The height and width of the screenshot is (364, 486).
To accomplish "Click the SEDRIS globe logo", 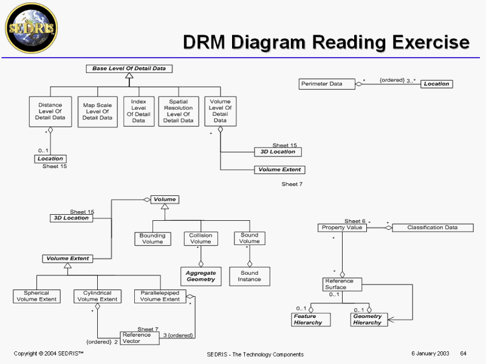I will click(30, 27).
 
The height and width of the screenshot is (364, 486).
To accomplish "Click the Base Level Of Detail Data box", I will click(129, 69).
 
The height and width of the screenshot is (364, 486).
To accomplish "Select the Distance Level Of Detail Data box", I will click(50, 111).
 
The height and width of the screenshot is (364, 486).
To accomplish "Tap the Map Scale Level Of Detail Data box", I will click(98, 111).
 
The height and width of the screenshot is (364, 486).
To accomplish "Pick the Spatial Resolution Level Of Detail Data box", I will click(178, 111).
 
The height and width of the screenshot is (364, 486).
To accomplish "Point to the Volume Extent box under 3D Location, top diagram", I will click(279, 170).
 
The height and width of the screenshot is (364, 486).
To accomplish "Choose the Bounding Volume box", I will click(152, 238).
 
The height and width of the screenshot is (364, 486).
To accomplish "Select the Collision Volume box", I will click(200, 238).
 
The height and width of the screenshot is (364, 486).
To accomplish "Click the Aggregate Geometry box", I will click(200, 277).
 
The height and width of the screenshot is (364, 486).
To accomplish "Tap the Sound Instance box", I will click(250, 277).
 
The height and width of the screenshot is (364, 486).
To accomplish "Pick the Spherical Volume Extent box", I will click(36, 296).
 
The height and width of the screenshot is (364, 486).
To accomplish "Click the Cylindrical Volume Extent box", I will click(97, 296).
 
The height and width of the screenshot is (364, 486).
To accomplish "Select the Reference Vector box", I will click(140, 338).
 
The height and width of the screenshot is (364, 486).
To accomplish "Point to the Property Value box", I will click(342, 227).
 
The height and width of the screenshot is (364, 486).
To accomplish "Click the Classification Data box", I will click(432, 227).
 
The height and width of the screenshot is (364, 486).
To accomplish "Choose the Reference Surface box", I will click(342, 285).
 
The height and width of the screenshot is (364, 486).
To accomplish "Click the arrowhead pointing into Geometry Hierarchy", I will click(390, 320).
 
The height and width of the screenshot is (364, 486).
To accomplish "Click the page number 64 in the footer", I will click(463, 354).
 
